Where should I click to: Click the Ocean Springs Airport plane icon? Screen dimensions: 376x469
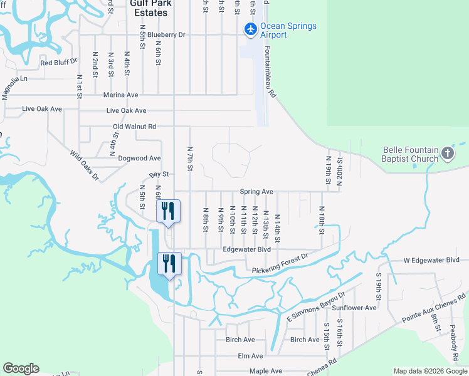tap(250, 29)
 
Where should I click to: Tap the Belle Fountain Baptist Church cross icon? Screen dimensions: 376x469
tap(447, 153)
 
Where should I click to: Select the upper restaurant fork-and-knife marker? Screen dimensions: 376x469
tap(167, 211)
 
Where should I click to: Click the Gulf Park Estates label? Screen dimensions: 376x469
tap(149, 8)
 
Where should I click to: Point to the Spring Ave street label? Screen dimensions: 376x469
tap(256, 192)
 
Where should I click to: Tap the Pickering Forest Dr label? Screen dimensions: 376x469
tap(280, 264)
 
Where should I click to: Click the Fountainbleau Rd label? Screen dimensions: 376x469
tap(270, 73)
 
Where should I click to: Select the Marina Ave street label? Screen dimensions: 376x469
tap(120, 95)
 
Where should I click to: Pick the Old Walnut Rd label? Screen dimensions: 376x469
tap(134, 127)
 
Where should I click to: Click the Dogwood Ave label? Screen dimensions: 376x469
tap(140, 159)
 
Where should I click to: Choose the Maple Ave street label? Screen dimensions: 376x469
tap(266, 371)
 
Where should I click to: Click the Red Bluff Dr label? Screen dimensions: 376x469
tap(58, 63)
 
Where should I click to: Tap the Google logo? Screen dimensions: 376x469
tap(21, 368)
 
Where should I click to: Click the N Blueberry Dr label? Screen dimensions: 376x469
tap(161, 35)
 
